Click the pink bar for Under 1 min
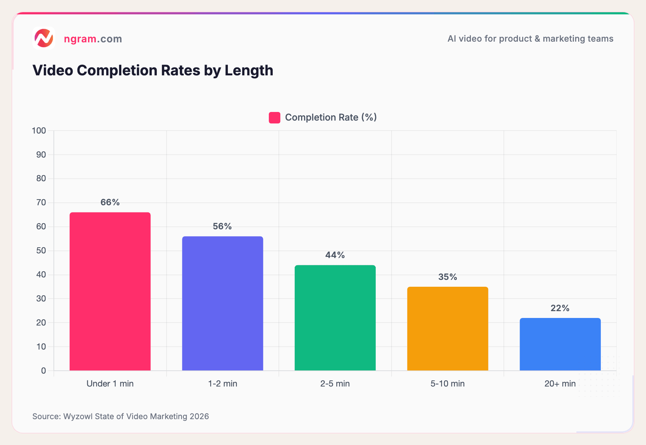[110, 291]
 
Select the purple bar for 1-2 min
[223, 303]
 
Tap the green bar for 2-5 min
[335, 318]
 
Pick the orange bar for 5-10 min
[448, 328]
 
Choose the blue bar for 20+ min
[560, 344]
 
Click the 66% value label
[110, 202]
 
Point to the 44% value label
[335, 255]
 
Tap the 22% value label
[560, 308]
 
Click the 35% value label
[448, 277]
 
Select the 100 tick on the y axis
[39, 131]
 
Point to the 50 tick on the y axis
[41, 250]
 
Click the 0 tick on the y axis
[43, 371]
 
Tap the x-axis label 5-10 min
[448, 384]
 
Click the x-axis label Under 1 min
[110, 384]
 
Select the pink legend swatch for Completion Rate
[275, 118]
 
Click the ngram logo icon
[44, 38]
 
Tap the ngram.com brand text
[93, 39]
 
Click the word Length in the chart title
[249, 70]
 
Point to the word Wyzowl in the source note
[78, 416]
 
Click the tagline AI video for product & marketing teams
[530, 39]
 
